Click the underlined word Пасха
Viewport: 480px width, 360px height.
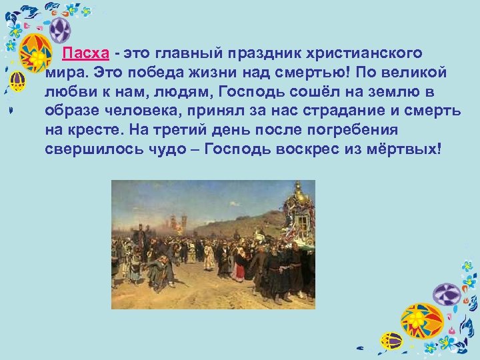pyautogui.click(x=83, y=53)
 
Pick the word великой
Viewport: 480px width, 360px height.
pyautogui.click(x=415, y=73)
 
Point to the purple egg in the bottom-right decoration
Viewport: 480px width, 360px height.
pyautogui.click(x=447, y=294)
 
